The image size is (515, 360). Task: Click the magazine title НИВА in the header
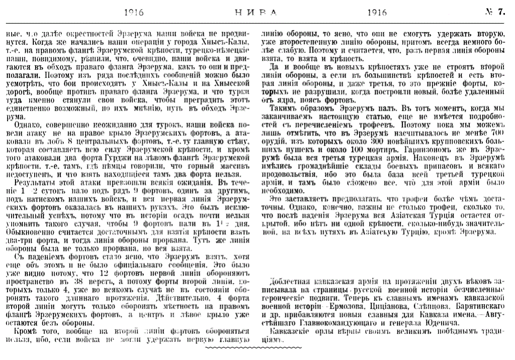257,13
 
